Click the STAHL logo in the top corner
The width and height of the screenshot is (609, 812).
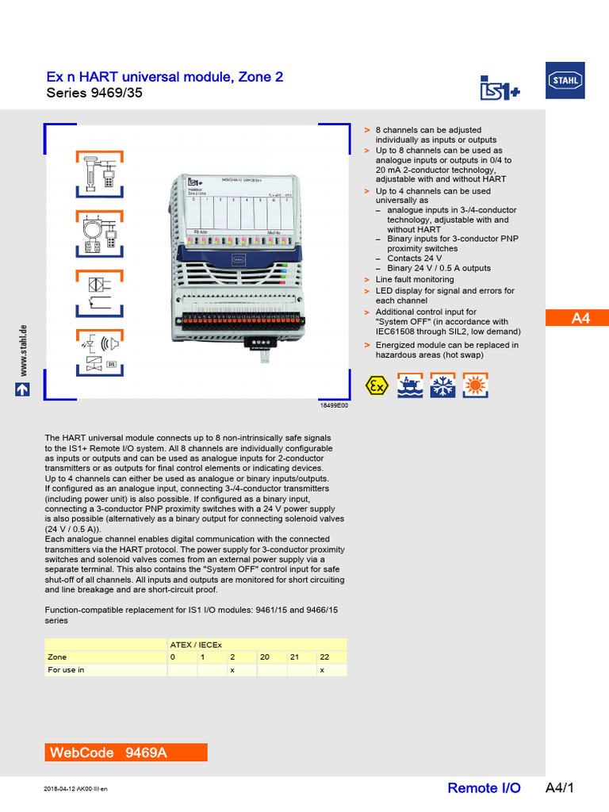tap(565, 81)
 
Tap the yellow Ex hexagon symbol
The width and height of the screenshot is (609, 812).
tap(376, 386)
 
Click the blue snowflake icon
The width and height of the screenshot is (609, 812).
tap(442, 386)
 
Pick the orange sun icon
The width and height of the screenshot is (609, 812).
tap(476, 386)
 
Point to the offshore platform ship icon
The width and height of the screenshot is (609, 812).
tap(410, 386)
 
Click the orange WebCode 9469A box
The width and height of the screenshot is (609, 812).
tap(127, 752)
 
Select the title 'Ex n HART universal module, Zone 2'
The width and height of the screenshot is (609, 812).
tap(164, 77)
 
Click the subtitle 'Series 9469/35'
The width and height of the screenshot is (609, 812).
tap(95, 94)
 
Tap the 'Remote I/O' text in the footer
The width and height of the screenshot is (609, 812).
tap(484, 787)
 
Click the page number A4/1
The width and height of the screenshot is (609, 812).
tap(559, 787)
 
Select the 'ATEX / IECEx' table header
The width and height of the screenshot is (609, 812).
tap(196, 645)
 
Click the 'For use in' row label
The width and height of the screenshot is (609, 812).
tap(66, 670)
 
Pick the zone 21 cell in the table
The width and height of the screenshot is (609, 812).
tap(294, 657)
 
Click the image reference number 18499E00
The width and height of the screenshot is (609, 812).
tap(334, 405)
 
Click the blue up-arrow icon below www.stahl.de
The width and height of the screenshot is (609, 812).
tap(23, 390)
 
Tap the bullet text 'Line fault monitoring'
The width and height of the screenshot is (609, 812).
tap(415, 279)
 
